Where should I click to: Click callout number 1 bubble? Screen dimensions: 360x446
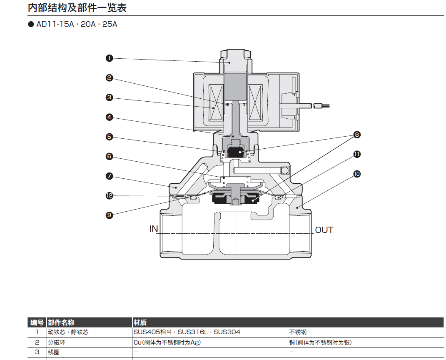110,58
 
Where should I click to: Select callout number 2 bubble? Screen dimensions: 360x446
110,78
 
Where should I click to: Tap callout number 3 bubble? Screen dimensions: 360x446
110,97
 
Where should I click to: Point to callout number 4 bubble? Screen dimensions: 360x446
110,117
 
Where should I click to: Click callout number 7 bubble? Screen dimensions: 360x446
110,176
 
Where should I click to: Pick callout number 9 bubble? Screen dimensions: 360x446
110,215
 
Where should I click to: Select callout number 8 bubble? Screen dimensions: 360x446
357,135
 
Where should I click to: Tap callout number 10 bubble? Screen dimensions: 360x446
357,174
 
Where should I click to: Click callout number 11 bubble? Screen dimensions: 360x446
357,154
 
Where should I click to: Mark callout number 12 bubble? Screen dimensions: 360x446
110,195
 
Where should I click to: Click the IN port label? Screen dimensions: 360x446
154,229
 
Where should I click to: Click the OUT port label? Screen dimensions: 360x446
324,230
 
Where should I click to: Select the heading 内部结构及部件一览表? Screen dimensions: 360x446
77,7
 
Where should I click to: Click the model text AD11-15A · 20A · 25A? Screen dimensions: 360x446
77,24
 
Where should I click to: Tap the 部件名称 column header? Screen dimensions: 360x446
61,322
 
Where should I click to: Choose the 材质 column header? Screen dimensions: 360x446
140,322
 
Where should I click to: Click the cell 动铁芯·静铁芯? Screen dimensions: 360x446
68,332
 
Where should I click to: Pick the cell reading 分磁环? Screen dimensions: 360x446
57,342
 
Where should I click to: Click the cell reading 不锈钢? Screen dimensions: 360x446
298,332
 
